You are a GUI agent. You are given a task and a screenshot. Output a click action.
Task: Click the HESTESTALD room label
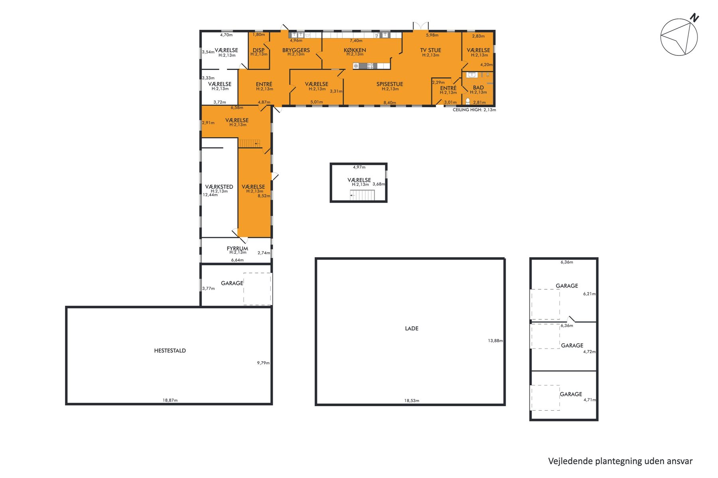[x=170, y=351]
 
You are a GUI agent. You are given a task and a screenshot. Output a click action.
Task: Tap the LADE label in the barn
[x=412, y=329]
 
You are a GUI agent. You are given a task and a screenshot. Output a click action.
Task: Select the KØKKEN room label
[x=355, y=50]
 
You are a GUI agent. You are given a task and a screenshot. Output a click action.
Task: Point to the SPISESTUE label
[x=390, y=84]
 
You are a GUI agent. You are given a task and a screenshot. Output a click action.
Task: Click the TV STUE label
[x=430, y=50]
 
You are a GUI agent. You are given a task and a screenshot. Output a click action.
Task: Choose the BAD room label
[x=478, y=88]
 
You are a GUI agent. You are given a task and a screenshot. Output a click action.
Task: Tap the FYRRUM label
[x=237, y=249]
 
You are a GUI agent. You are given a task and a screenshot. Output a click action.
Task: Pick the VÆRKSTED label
[x=219, y=186]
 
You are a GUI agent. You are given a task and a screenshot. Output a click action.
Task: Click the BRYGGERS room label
[x=296, y=50]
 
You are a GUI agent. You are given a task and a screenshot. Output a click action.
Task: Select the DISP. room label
[x=258, y=50]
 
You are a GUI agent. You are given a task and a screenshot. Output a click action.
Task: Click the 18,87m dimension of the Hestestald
[x=170, y=400]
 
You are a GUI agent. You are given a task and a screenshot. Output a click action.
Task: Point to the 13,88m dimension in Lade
[x=495, y=341]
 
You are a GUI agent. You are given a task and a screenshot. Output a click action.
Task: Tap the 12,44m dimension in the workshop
[x=210, y=195]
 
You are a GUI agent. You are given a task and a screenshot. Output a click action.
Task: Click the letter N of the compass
[x=694, y=18]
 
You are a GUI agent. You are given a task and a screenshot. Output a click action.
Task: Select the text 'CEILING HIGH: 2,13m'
[x=474, y=110]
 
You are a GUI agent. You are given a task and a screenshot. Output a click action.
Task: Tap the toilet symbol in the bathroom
[x=467, y=101]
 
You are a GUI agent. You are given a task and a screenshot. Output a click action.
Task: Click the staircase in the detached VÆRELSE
[x=362, y=195]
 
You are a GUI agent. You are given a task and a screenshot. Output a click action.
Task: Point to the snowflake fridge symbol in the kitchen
[x=356, y=66]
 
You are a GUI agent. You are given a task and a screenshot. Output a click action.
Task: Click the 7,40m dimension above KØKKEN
[x=356, y=41]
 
